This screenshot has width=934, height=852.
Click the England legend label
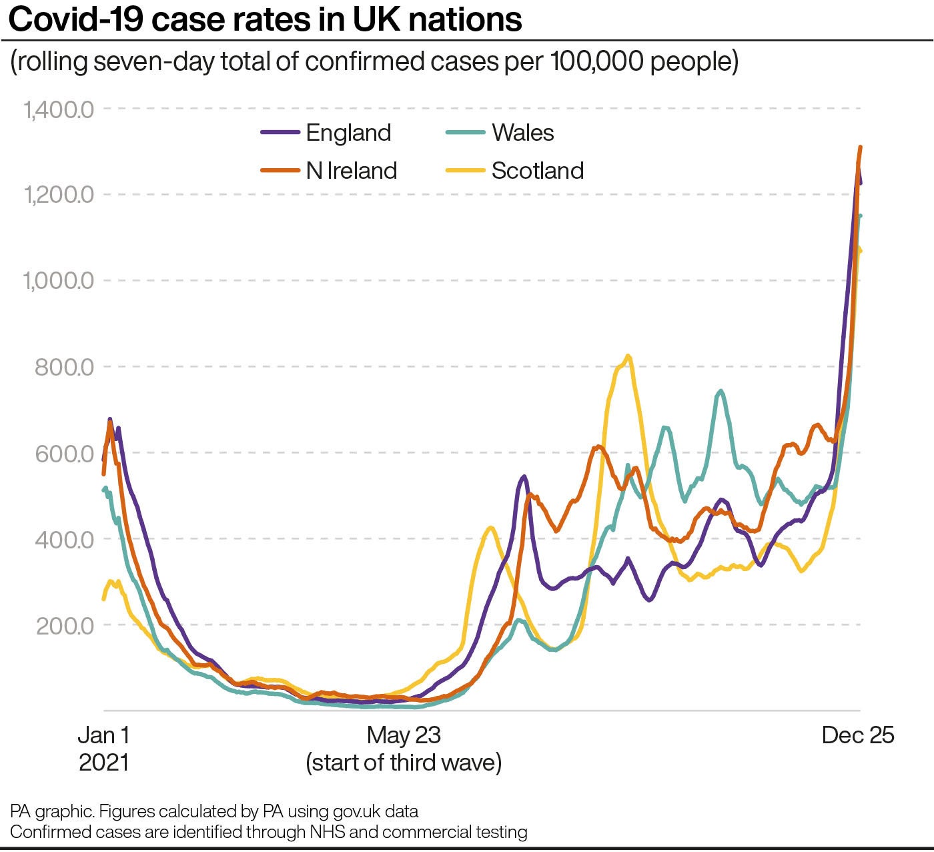click(348, 133)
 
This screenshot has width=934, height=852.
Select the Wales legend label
click(522, 133)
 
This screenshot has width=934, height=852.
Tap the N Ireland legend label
click(352, 171)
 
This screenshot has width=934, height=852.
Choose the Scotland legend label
click(537, 171)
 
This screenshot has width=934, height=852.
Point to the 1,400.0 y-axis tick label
click(59, 109)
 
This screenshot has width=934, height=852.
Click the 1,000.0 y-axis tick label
click(59, 280)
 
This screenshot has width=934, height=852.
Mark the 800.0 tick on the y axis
click(64, 366)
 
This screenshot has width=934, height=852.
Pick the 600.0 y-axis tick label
click(64, 453)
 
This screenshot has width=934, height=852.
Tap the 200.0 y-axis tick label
click(64, 625)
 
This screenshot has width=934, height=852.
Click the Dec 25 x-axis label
click(858, 735)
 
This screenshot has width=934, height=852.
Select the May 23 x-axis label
click(404, 735)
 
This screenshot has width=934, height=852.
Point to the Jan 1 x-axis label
click(104, 735)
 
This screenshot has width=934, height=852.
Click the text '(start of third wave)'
click(404, 762)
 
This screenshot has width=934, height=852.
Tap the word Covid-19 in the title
click(76, 19)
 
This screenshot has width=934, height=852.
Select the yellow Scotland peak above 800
click(628, 356)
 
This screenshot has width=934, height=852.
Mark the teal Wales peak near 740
click(720, 391)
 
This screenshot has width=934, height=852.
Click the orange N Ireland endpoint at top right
click(861, 147)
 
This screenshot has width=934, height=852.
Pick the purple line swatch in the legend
click(280, 133)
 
